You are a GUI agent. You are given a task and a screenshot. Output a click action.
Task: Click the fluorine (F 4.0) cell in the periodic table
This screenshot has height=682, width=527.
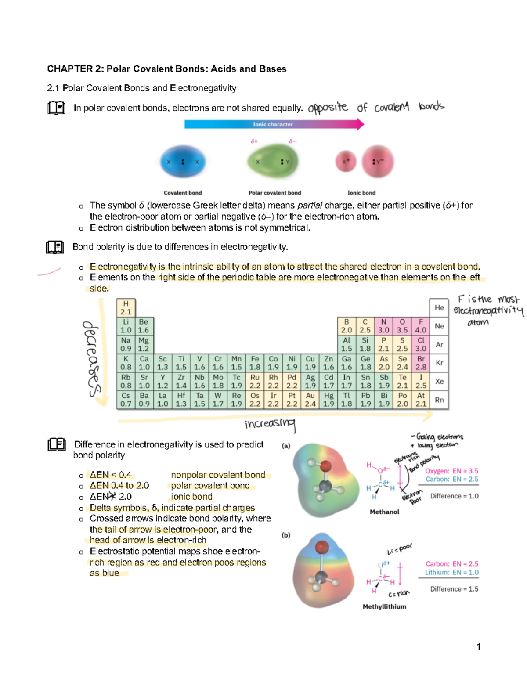coord(421,326)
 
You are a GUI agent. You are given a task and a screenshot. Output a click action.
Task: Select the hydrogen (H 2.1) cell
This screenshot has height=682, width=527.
coord(126,307)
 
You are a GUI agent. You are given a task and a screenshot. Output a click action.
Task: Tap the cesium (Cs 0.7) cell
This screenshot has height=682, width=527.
coord(126,400)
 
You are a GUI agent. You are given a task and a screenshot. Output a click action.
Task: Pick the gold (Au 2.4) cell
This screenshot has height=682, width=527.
coord(310,400)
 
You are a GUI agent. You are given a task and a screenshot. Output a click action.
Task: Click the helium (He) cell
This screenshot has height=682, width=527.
coord(439,307)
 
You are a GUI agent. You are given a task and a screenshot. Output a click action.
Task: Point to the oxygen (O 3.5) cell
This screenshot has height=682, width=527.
coord(402,326)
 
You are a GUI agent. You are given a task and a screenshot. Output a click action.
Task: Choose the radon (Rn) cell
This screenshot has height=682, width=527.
coord(439,400)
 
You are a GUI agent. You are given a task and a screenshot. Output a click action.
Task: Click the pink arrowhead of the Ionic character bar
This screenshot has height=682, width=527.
coord(360,124)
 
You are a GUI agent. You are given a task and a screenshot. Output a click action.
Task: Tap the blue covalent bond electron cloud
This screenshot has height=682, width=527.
coord(183,162)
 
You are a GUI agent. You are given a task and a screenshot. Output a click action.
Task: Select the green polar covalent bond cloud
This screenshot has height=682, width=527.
coord(272,162)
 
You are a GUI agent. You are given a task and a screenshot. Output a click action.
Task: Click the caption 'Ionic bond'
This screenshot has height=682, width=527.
coord(361,193)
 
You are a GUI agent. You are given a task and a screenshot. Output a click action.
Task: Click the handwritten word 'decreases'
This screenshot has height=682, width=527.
coord(91,358)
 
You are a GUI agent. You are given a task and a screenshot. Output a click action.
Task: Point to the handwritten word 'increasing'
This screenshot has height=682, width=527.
coord(270,424)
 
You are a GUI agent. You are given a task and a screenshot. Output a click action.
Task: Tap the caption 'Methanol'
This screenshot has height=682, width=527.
coord(384,512)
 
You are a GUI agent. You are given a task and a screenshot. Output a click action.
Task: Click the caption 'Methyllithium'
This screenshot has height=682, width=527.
coord(384,606)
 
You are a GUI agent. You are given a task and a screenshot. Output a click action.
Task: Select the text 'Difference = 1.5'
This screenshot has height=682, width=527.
coord(454,589)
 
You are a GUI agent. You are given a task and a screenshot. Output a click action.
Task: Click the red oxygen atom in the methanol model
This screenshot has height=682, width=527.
coord(325,466)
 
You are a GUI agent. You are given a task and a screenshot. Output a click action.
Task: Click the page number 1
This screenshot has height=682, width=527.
coord(479,646)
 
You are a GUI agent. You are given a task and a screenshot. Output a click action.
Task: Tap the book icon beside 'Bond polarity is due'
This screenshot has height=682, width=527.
coord(55,247)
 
